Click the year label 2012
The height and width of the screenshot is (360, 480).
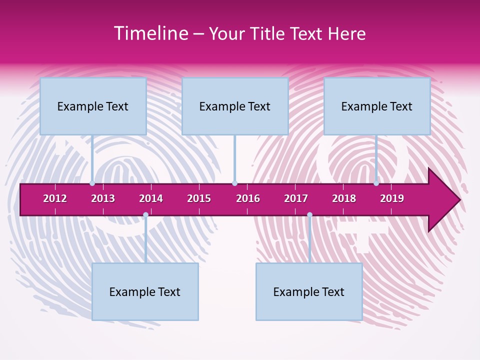pyautogui.click(x=55, y=198)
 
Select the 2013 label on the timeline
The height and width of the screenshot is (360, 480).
pyautogui.click(x=103, y=198)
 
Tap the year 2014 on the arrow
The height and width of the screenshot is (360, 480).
pyautogui.click(x=151, y=198)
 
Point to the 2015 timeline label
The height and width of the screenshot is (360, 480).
pyautogui.click(x=199, y=198)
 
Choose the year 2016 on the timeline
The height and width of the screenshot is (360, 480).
pyautogui.click(x=248, y=198)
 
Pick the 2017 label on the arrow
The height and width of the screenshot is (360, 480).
pyautogui.click(x=296, y=198)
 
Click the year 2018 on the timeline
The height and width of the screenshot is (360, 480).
pyautogui.click(x=344, y=198)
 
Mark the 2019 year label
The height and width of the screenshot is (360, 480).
pyautogui.click(x=392, y=198)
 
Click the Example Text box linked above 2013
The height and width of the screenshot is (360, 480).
pyautogui.click(x=93, y=106)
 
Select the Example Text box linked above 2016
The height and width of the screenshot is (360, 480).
pyautogui.click(x=235, y=106)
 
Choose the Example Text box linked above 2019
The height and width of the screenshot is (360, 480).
pyautogui.click(x=377, y=106)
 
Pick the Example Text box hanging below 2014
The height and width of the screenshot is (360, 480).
pyautogui.click(x=145, y=291)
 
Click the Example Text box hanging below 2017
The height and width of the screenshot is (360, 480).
pyautogui.click(x=309, y=291)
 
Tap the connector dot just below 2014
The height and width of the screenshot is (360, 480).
pyautogui.click(x=145, y=215)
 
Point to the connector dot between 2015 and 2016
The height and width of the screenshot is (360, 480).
pyautogui.click(x=234, y=183)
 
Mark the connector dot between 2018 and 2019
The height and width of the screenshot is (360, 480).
pyautogui.click(x=376, y=183)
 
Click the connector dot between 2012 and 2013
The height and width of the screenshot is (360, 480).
pyautogui.click(x=92, y=183)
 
